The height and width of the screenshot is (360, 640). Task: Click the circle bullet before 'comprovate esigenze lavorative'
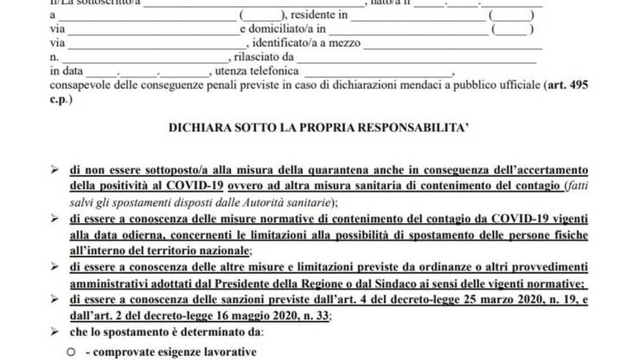(x=72, y=353)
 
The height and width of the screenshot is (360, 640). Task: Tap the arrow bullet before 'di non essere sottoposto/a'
(x=56, y=171)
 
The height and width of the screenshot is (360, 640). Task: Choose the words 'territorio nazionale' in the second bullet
(x=201, y=250)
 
